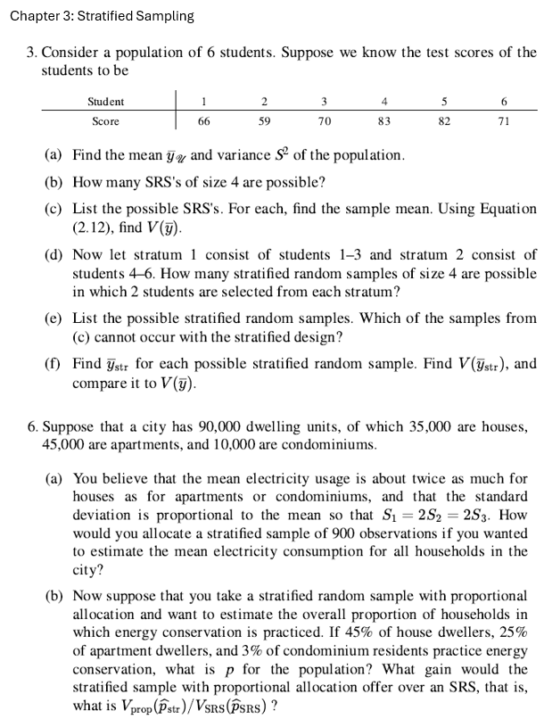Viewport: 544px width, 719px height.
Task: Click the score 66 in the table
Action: [203, 121]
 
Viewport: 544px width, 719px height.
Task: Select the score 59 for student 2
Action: [264, 121]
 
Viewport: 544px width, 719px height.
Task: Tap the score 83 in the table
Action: [384, 121]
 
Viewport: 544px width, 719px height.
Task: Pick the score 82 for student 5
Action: [444, 121]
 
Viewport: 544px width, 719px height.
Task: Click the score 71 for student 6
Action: [504, 121]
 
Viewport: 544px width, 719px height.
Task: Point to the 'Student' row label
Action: [106, 102]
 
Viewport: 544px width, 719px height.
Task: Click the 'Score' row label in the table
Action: [106, 121]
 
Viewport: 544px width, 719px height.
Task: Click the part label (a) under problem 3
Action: [53, 155]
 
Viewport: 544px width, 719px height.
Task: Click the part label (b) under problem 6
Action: [54, 595]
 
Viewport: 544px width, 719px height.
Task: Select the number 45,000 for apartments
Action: [62, 443]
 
